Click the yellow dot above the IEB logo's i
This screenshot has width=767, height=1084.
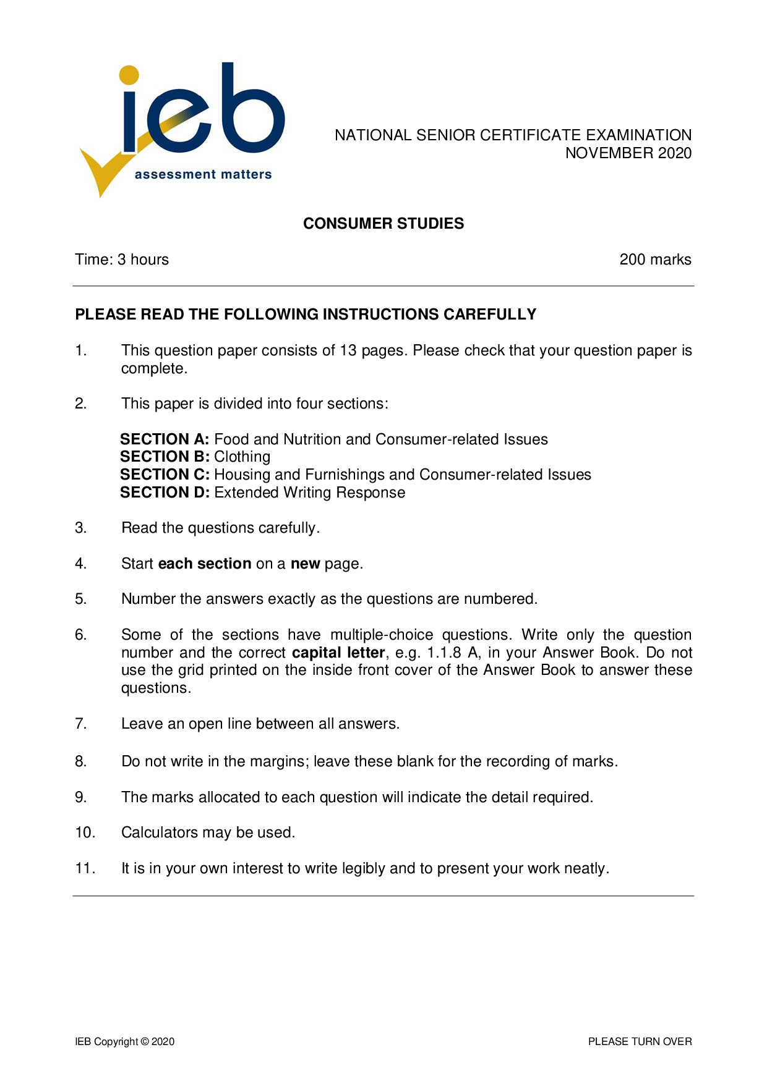click(x=129, y=75)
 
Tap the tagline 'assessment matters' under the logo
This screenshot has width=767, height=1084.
click(x=203, y=175)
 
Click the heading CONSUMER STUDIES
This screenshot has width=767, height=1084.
click(x=383, y=224)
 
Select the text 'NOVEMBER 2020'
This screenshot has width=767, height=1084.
click(x=628, y=153)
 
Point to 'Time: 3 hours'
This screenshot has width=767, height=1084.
click(x=122, y=260)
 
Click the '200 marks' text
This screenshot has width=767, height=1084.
click(x=655, y=260)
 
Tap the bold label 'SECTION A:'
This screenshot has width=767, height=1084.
click(x=165, y=439)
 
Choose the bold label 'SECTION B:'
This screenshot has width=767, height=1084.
click(x=165, y=457)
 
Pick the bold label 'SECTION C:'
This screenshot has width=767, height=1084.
click(x=165, y=475)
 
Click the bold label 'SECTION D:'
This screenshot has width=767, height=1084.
click(x=165, y=493)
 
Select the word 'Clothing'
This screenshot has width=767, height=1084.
click(x=242, y=457)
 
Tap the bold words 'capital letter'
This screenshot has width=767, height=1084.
click(x=338, y=653)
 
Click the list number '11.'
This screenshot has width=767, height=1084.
click(x=85, y=869)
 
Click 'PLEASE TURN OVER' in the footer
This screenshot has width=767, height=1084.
click(x=640, y=1042)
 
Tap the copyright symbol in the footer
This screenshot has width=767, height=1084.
click(x=145, y=1042)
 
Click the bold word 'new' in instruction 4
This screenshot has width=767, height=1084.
click(x=305, y=564)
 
